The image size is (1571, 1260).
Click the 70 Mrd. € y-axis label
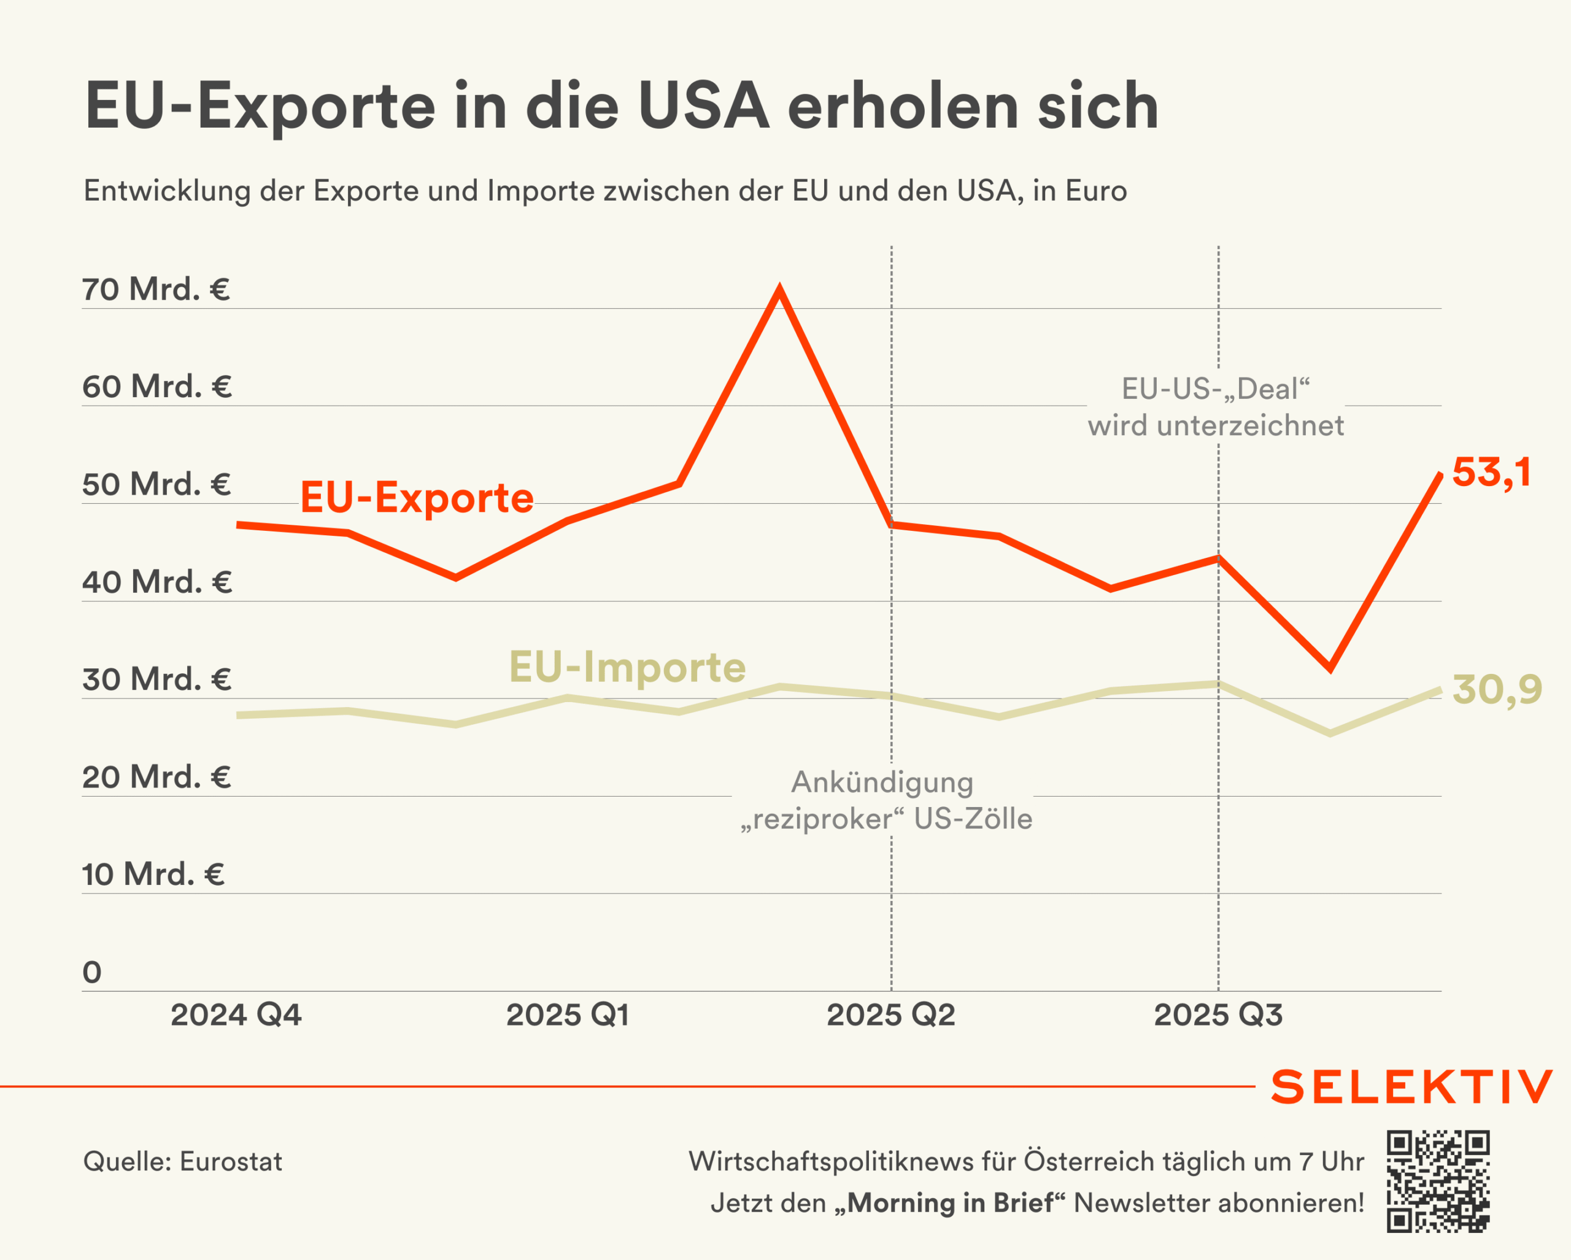tap(156, 289)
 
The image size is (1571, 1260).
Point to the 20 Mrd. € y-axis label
tap(156, 777)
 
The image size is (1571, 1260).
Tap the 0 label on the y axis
tap(92, 972)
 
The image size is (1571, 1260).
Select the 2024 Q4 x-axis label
tap(236, 1015)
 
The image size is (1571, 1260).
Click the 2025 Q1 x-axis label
tap(568, 1015)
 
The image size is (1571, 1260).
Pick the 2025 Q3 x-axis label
tap(1218, 1015)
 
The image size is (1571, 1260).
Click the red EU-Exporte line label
tap(417, 498)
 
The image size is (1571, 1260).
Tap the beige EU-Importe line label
tap(627, 667)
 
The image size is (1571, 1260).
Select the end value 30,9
tap(1497, 689)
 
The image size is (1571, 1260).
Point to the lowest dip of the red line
tap(1330, 668)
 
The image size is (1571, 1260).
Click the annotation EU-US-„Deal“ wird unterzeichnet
tap(1216, 408)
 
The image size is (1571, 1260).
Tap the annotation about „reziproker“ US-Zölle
tap(886, 800)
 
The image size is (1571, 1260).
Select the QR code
tap(1438, 1181)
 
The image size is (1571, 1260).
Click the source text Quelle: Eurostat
tap(182, 1162)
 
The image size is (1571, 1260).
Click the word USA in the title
tap(703, 106)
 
